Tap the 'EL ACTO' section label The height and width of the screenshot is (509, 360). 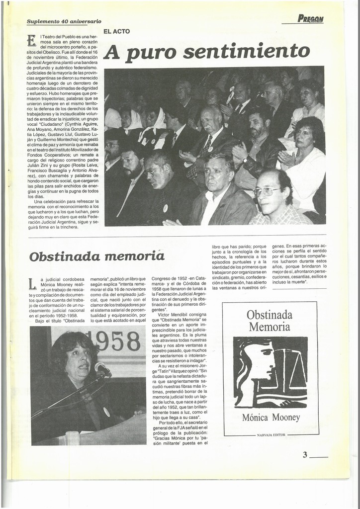[116, 31]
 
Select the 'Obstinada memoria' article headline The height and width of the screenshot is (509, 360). [96, 256]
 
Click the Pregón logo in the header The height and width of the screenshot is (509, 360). [310, 19]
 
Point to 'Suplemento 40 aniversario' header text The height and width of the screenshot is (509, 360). [64, 21]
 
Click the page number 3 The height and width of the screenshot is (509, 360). [305, 454]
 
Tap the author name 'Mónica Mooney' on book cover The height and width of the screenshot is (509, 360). [270, 418]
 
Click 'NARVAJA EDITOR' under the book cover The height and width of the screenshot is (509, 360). [270, 435]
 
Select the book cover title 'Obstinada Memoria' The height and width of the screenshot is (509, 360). [269, 321]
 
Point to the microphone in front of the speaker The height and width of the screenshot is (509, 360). [102, 368]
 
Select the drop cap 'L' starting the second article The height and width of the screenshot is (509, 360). [32, 284]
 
